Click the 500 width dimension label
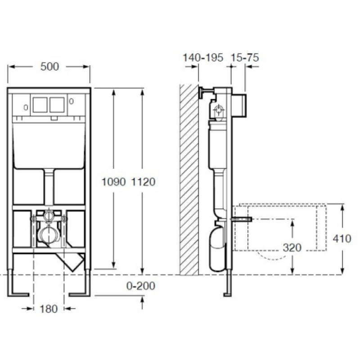click(49, 67)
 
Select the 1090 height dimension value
click(114, 182)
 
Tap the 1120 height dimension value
click(143, 182)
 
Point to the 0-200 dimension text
click(141, 286)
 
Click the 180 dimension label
click(49, 309)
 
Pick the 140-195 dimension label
click(203, 58)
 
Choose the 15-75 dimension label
click(244, 58)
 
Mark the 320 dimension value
click(292, 247)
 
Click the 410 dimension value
click(342, 238)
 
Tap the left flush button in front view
click(40, 105)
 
